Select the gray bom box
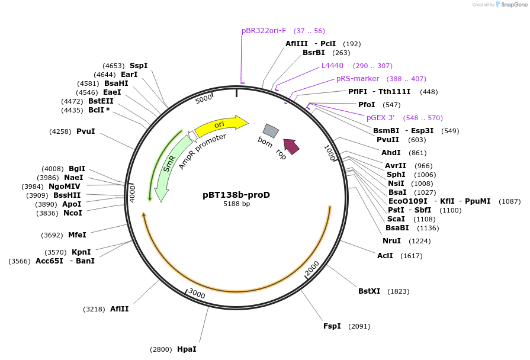pos(271,130)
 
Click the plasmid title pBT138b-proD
pos(236,194)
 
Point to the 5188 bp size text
pos(236,204)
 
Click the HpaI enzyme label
pos(187,349)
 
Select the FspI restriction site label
pos(332,326)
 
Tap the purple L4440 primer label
pos(332,66)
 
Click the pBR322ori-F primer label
pos(264,31)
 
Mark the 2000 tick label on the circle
pos(312,268)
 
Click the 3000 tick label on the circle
pos(196,294)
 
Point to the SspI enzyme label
pos(139,66)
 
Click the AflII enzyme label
pos(119,308)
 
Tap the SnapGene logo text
pos(513,5)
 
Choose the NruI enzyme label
pos(391,241)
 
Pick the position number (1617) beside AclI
pos(412,256)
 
